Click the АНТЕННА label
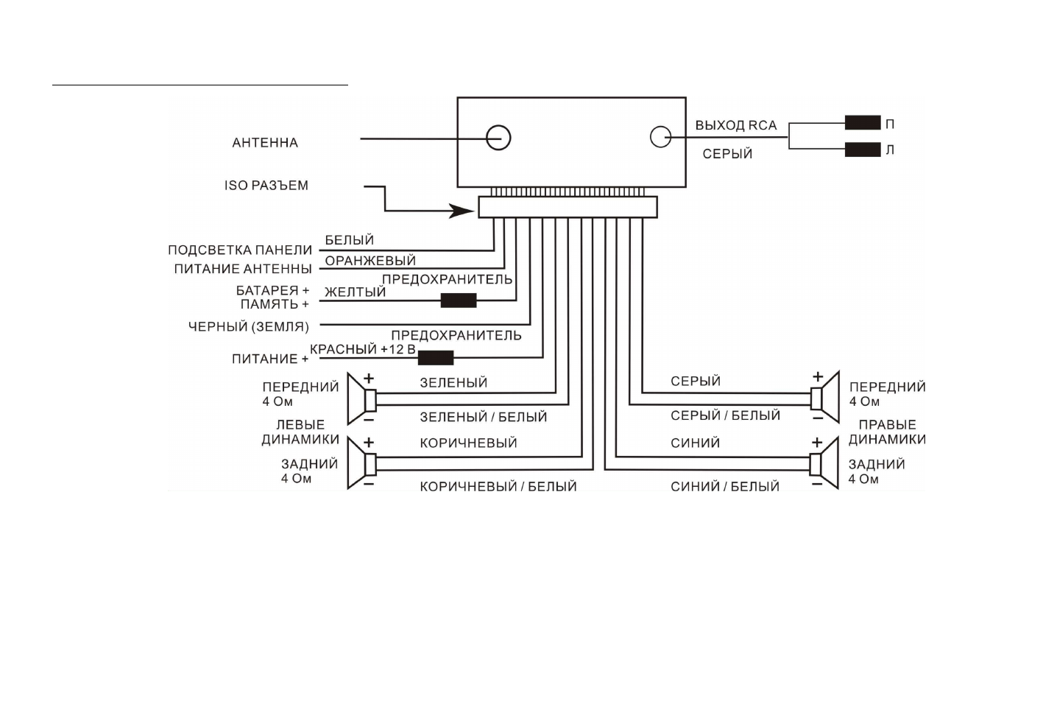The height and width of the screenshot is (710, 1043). click(x=265, y=143)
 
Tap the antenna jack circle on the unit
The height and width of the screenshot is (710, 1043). click(x=498, y=138)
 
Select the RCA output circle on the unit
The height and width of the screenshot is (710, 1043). click(x=661, y=136)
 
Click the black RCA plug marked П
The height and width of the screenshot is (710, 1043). click(x=863, y=123)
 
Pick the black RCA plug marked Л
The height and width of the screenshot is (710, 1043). click(x=863, y=150)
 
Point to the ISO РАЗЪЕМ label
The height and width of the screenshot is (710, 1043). click(x=266, y=186)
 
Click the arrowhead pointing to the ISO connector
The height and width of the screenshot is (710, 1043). click(x=464, y=211)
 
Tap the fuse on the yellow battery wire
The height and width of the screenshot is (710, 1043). click(x=459, y=300)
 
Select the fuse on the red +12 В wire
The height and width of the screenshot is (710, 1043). click(x=436, y=358)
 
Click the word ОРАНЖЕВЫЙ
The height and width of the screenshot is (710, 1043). click(x=370, y=261)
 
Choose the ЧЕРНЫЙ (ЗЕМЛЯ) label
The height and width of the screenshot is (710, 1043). click(x=249, y=326)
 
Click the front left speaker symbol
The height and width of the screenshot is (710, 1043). click(x=362, y=400)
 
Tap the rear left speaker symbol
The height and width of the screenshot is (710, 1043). click(x=362, y=464)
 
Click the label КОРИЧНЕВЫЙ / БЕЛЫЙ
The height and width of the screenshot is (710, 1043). click(x=498, y=487)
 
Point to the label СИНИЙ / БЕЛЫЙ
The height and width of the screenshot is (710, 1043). click(x=725, y=487)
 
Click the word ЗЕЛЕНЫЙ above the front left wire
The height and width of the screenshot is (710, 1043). click(x=453, y=383)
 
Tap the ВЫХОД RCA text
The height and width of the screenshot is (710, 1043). click(x=736, y=125)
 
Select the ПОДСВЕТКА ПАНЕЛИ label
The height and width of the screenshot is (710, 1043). click(x=240, y=250)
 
